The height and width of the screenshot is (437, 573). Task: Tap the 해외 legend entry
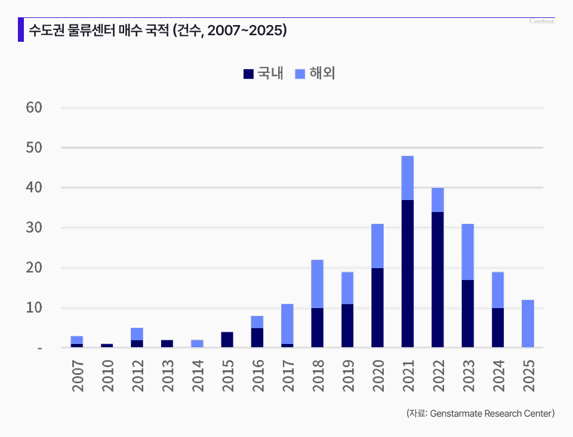(x=315, y=73)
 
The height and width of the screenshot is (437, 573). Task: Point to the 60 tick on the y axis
(x=34, y=107)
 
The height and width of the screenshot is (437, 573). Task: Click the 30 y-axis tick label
(x=34, y=227)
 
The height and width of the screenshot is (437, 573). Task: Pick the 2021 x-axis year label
(x=408, y=375)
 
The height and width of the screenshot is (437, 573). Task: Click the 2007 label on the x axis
(x=77, y=375)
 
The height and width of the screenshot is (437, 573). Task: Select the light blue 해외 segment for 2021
(x=408, y=178)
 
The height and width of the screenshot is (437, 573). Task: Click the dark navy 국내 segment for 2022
(x=438, y=279)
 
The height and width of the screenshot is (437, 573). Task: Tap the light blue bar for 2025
(x=528, y=323)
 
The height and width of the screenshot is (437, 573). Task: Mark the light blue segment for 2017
(x=287, y=324)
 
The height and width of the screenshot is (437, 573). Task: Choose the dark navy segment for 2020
(x=377, y=307)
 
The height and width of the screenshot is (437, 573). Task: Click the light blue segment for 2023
(x=467, y=251)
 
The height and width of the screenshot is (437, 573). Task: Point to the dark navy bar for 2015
(x=227, y=339)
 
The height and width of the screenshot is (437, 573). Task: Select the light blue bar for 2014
(x=197, y=343)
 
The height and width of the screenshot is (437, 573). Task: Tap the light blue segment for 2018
(x=317, y=284)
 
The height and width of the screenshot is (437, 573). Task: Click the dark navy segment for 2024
(x=498, y=327)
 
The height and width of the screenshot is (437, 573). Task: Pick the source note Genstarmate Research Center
(x=480, y=413)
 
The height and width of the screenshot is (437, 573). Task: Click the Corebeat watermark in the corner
(x=542, y=21)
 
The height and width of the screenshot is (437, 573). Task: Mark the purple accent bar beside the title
(x=21, y=30)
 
